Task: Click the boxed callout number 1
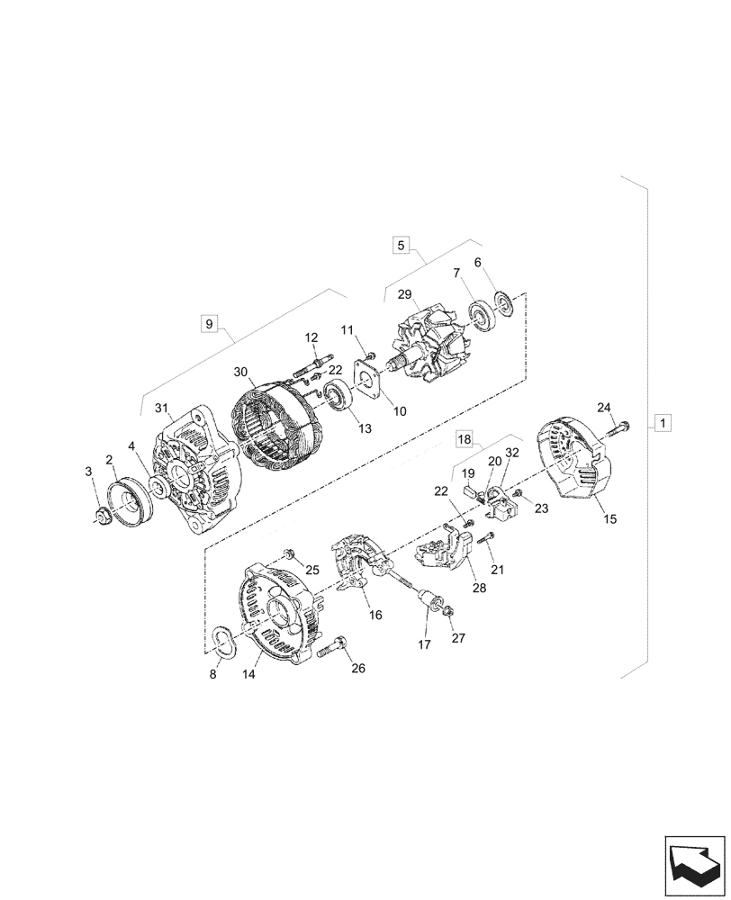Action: (x=662, y=422)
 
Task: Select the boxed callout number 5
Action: (x=402, y=244)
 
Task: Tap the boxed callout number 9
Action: (x=209, y=323)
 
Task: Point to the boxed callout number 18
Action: (x=464, y=439)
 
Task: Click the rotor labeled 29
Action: (x=428, y=351)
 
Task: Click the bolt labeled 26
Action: (x=337, y=645)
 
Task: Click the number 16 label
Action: (x=375, y=616)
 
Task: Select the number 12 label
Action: (x=311, y=337)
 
